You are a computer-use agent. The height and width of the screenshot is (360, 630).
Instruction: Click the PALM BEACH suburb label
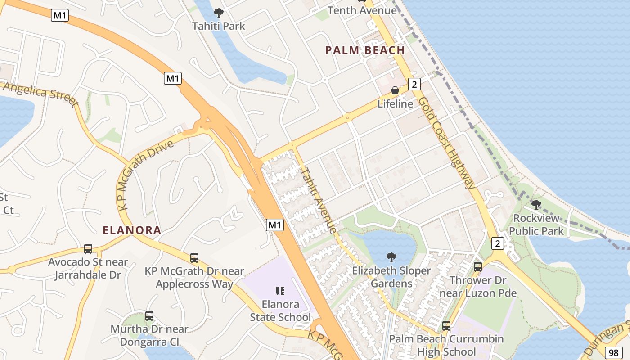[365, 50]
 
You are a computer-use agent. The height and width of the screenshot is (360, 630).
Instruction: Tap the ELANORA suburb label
[132, 230]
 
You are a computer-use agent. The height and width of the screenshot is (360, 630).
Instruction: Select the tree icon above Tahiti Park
[219, 13]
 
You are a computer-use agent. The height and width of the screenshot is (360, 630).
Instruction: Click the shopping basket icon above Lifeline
[395, 90]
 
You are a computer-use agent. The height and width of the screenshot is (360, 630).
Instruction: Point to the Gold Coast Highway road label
[446, 143]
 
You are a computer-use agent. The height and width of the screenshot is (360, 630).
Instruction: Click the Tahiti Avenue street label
[319, 200]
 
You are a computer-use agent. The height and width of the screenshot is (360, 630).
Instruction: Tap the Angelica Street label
[40, 93]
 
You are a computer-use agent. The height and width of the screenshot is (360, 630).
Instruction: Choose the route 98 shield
[613, 352]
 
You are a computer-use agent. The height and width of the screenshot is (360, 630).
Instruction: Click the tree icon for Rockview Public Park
[536, 205]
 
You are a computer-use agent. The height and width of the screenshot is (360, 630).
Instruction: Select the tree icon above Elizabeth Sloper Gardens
[391, 257]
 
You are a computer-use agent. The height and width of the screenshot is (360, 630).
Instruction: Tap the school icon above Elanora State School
[280, 291]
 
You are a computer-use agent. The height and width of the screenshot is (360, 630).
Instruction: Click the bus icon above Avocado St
[88, 248]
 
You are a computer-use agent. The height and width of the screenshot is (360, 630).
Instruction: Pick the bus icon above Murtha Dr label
[149, 316]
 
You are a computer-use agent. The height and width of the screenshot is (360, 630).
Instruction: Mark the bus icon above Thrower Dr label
[478, 266]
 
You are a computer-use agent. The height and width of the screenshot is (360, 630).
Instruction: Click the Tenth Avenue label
[362, 10]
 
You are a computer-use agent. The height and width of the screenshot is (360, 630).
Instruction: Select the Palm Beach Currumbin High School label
[446, 345]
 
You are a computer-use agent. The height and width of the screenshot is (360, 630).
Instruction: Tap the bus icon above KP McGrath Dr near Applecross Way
[194, 258]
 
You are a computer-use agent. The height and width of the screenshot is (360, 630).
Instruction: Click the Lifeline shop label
[395, 103]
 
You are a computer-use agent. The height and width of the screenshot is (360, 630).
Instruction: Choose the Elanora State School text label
[280, 310]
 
